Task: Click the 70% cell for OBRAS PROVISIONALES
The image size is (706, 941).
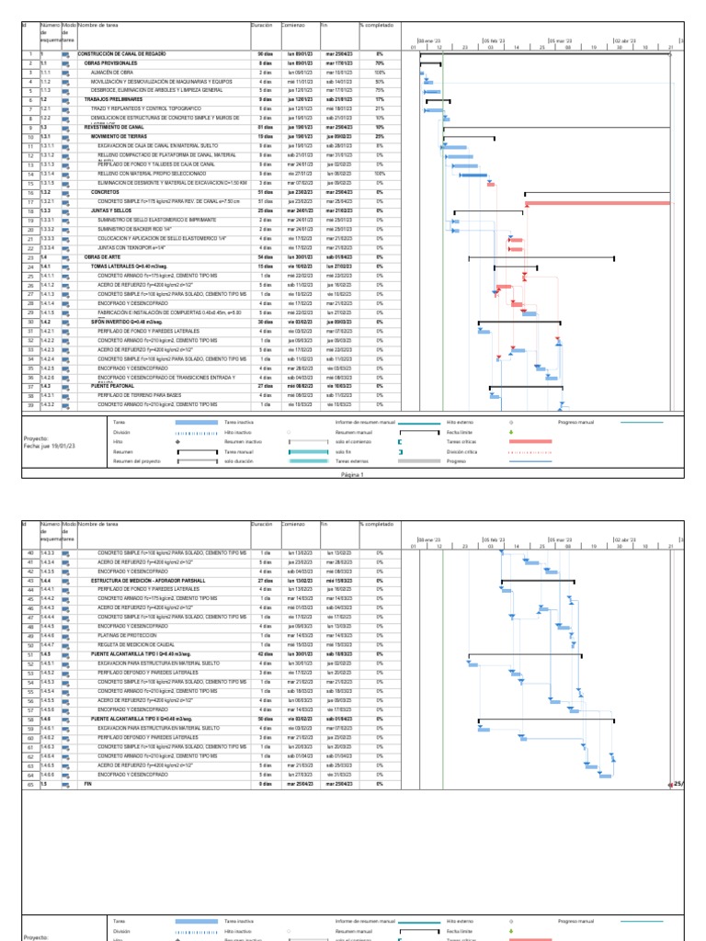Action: [x=379, y=63]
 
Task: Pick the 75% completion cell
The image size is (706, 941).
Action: [x=379, y=90]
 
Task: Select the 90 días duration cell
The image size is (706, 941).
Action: [x=265, y=55]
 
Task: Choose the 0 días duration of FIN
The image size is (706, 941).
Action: [x=265, y=784]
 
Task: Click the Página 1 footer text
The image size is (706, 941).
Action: [x=353, y=475]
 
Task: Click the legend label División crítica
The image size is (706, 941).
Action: [x=463, y=452]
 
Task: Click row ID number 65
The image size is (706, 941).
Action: [x=30, y=784]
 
